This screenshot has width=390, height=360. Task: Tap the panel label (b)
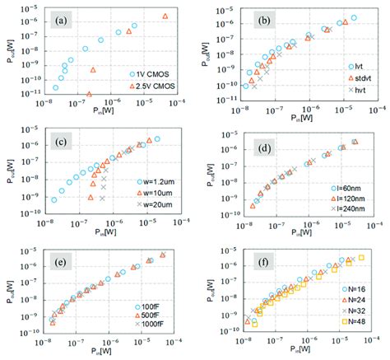(260, 20)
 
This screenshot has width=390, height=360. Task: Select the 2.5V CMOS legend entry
(154, 84)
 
